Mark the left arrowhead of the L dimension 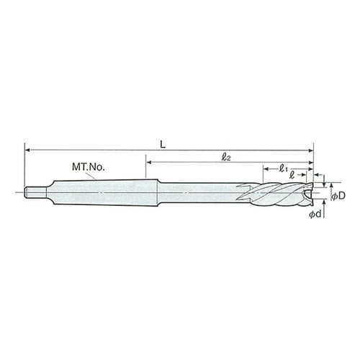(x=29, y=150)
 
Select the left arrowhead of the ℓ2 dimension (x=149, y=162)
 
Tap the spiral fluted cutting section (x=277, y=194)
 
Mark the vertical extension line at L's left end (x=25, y=166)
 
